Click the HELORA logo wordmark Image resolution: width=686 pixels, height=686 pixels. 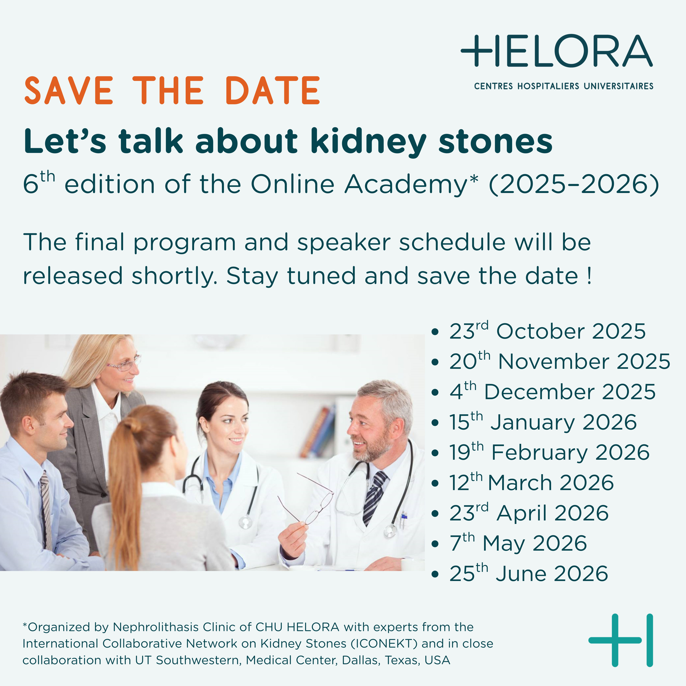pyautogui.click(x=556, y=51)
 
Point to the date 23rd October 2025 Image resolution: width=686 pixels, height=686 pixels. pyautogui.click(x=547, y=331)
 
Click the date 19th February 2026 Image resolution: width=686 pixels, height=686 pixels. pyautogui.click(x=549, y=452)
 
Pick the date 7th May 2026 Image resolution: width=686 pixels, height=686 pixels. pyautogui.click(x=518, y=543)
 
